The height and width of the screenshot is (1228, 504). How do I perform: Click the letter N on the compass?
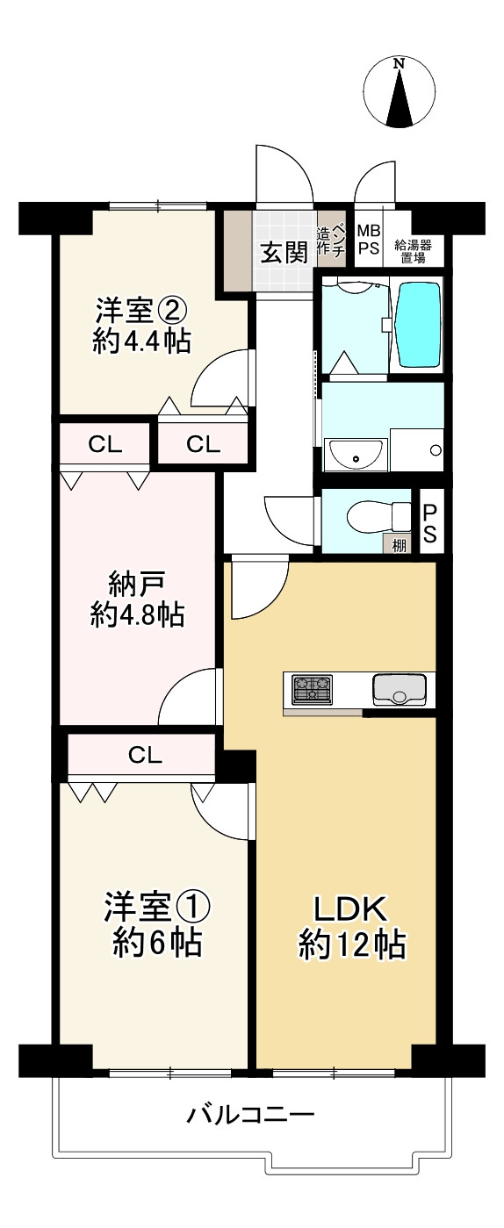click(400, 63)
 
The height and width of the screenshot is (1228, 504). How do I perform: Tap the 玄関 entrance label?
click(284, 253)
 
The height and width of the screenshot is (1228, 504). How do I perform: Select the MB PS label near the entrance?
click(369, 240)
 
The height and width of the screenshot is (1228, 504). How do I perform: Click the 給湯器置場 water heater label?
click(413, 252)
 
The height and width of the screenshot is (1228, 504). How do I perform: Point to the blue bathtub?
click(419, 325)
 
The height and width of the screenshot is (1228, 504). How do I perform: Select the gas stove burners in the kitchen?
click(313, 689)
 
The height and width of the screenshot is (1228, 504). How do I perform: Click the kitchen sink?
click(400, 689)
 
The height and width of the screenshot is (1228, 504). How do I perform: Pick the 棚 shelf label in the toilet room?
click(400, 545)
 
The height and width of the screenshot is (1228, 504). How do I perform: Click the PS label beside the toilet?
click(429, 523)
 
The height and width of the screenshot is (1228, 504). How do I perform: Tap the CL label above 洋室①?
click(146, 755)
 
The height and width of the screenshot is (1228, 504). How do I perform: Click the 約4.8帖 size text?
click(137, 615)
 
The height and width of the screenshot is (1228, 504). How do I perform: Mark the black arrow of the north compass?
click(400, 97)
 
